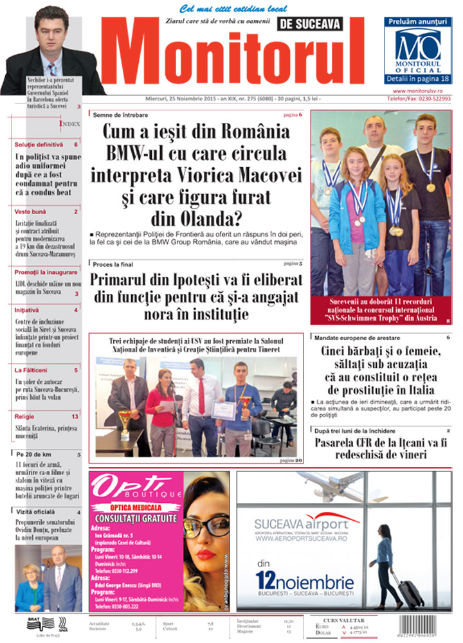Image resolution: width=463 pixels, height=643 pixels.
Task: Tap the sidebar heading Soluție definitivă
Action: [40, 145]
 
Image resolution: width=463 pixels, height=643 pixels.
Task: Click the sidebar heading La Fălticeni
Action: [32, 370]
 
